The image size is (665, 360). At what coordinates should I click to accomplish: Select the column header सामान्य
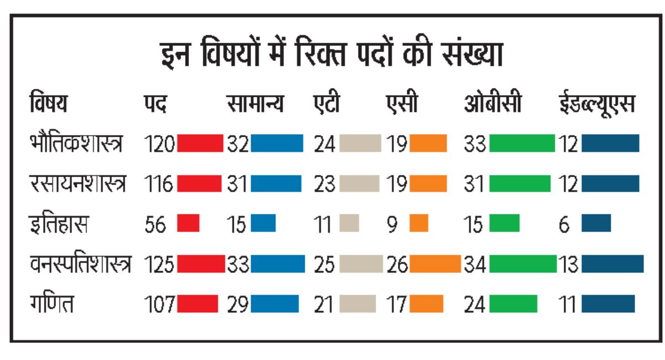(255, 103)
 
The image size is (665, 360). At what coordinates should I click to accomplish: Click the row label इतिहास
(59, 224)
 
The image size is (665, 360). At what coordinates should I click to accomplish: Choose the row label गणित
(52, 303)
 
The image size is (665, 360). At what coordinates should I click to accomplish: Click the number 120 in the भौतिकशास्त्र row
(160, 144)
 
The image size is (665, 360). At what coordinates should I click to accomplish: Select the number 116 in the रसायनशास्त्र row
(158, 184)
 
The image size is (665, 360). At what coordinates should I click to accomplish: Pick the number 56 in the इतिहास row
(155, 224)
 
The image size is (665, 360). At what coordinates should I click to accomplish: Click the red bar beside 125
(201, 264)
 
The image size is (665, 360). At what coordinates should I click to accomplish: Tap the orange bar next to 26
(435, 264)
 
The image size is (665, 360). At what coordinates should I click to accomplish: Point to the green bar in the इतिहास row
(504, 223)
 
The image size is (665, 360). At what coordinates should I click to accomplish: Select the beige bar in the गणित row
(358, 304)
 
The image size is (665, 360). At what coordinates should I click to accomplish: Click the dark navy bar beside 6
(596, 223)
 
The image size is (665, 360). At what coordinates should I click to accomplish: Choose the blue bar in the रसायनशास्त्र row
(276, 183)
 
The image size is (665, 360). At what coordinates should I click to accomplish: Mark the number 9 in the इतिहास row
(392, 224)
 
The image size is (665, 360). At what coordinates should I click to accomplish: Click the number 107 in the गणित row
(160, 304)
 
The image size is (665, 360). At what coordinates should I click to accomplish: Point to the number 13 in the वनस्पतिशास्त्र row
(568, 264)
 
